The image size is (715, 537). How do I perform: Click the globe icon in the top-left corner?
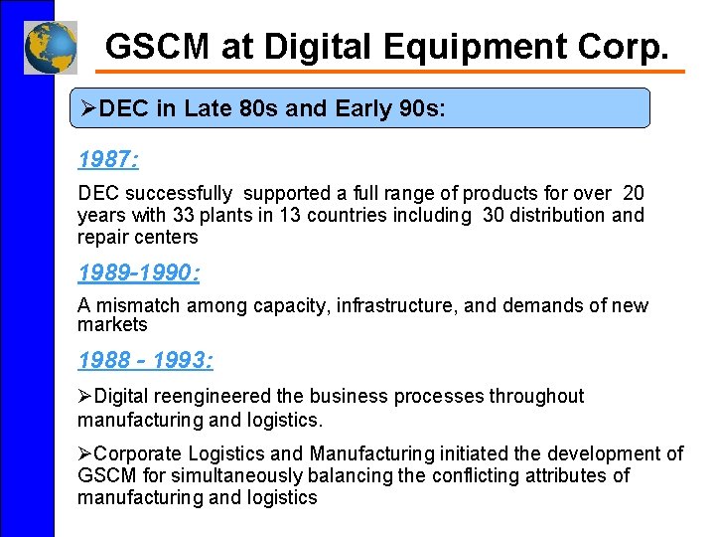coord(50,47)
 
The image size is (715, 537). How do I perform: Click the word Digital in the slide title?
coord(314,46)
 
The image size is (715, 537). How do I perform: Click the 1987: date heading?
coord(107,159)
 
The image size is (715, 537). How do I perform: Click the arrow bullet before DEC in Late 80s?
coord(88,108)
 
